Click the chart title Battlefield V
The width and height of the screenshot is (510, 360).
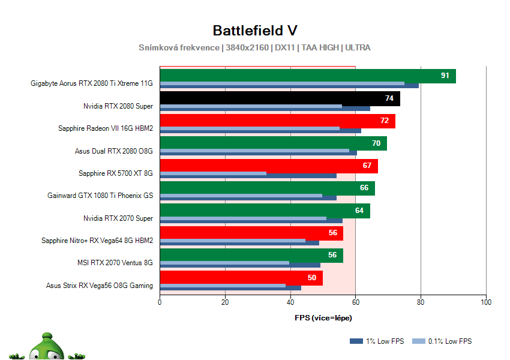click(x=254, y=31)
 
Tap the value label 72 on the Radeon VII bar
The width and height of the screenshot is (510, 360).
click(x=385, y=121)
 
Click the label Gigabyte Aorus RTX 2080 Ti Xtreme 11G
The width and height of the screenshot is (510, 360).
click(x=92, y=83)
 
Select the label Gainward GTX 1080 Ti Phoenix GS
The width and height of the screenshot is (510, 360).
click(x=100, y=196)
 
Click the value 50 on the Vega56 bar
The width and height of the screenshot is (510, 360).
click(x=312, y=278)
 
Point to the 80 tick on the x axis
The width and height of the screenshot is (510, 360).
click(x=421, y=302)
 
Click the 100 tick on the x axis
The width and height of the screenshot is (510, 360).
click(x=486, y=302)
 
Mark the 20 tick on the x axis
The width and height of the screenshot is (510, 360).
click(x=225, y=302)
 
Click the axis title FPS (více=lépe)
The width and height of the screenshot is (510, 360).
click(x=323, y=317)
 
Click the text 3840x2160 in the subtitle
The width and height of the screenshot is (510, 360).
click(x=247, y=47)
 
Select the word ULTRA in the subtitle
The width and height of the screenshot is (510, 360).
click(x=358, y=47)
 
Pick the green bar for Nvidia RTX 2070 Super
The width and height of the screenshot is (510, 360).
click(x=264, y=210)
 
